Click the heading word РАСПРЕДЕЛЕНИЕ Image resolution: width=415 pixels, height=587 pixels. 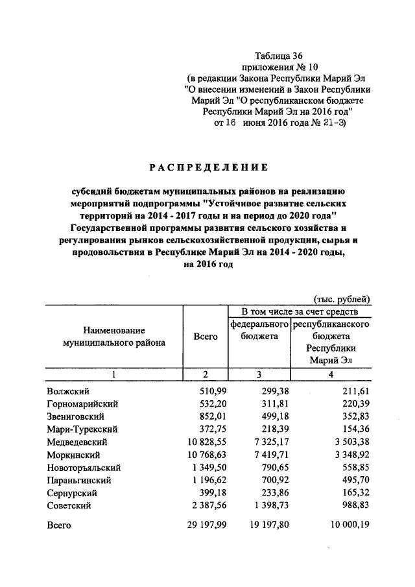pyautogui.click(x=209, y=168)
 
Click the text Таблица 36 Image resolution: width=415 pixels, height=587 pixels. pyautogui.click(x=279, y=56)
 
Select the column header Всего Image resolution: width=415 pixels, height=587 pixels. pyautogui.click(x=206, y=337)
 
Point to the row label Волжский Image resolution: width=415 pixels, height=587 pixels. pyautogui.click(x=68, y=391)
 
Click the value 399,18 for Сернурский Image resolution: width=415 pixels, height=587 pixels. pyautogui.click(x=204, y=492)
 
